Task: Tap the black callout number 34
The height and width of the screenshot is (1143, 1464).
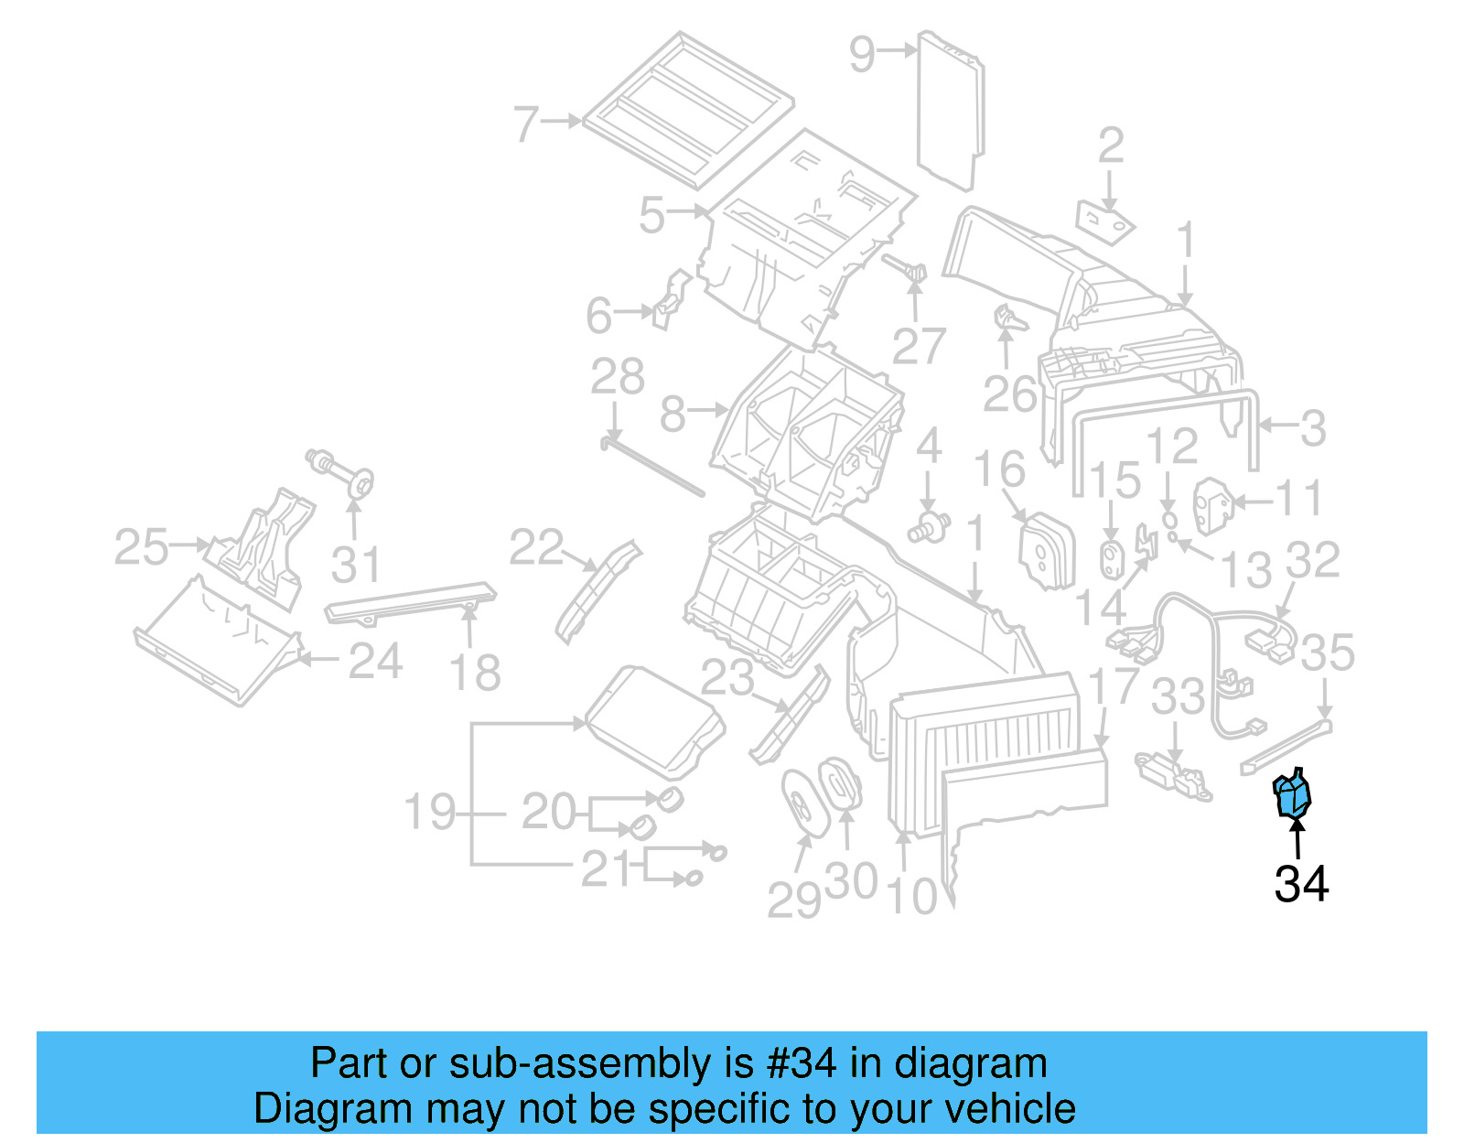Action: click(1301, 884)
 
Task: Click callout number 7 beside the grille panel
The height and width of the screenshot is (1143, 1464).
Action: click(527, 124)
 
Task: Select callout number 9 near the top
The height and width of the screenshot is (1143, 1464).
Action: click(862, 54)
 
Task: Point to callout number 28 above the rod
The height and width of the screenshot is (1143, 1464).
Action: click(618, 377)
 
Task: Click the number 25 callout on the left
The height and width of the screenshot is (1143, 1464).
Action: click(141, 547)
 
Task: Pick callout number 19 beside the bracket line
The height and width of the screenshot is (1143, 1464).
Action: click(429, 812)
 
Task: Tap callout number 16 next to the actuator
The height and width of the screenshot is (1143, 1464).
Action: click(999, 469)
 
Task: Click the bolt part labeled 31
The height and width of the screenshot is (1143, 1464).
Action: click(344, 471)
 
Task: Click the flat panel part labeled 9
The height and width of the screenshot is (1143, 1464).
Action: click(951, 110)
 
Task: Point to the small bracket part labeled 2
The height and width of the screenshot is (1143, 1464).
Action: click(1104, 221)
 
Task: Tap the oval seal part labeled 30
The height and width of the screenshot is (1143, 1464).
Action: click(839, 783)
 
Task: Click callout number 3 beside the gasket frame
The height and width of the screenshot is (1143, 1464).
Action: click(1313, 427)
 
